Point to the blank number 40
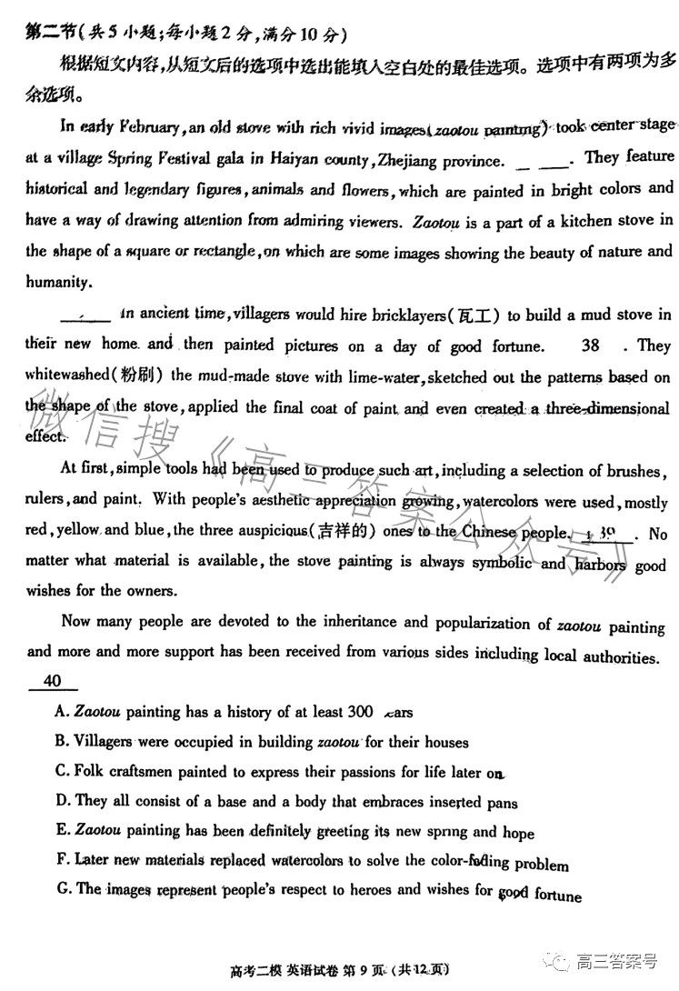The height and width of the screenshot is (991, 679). click(x=52, y=681)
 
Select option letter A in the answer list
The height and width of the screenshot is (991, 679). click(x=60, y=712)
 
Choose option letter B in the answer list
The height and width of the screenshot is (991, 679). click(x=60, y=742)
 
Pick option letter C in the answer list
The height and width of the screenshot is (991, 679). click(x=60, y=772)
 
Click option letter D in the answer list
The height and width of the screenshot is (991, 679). click(x=60, y=802)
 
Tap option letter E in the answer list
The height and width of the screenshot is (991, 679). click(x=60, y=832)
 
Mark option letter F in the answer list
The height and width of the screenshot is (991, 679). click(x=60, y=859)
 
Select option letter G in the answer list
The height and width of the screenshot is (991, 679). click(x=61, y=889)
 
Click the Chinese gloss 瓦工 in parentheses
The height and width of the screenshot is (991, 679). click(x=476, y=316)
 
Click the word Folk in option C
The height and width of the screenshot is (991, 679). click(x=92, y=772)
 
